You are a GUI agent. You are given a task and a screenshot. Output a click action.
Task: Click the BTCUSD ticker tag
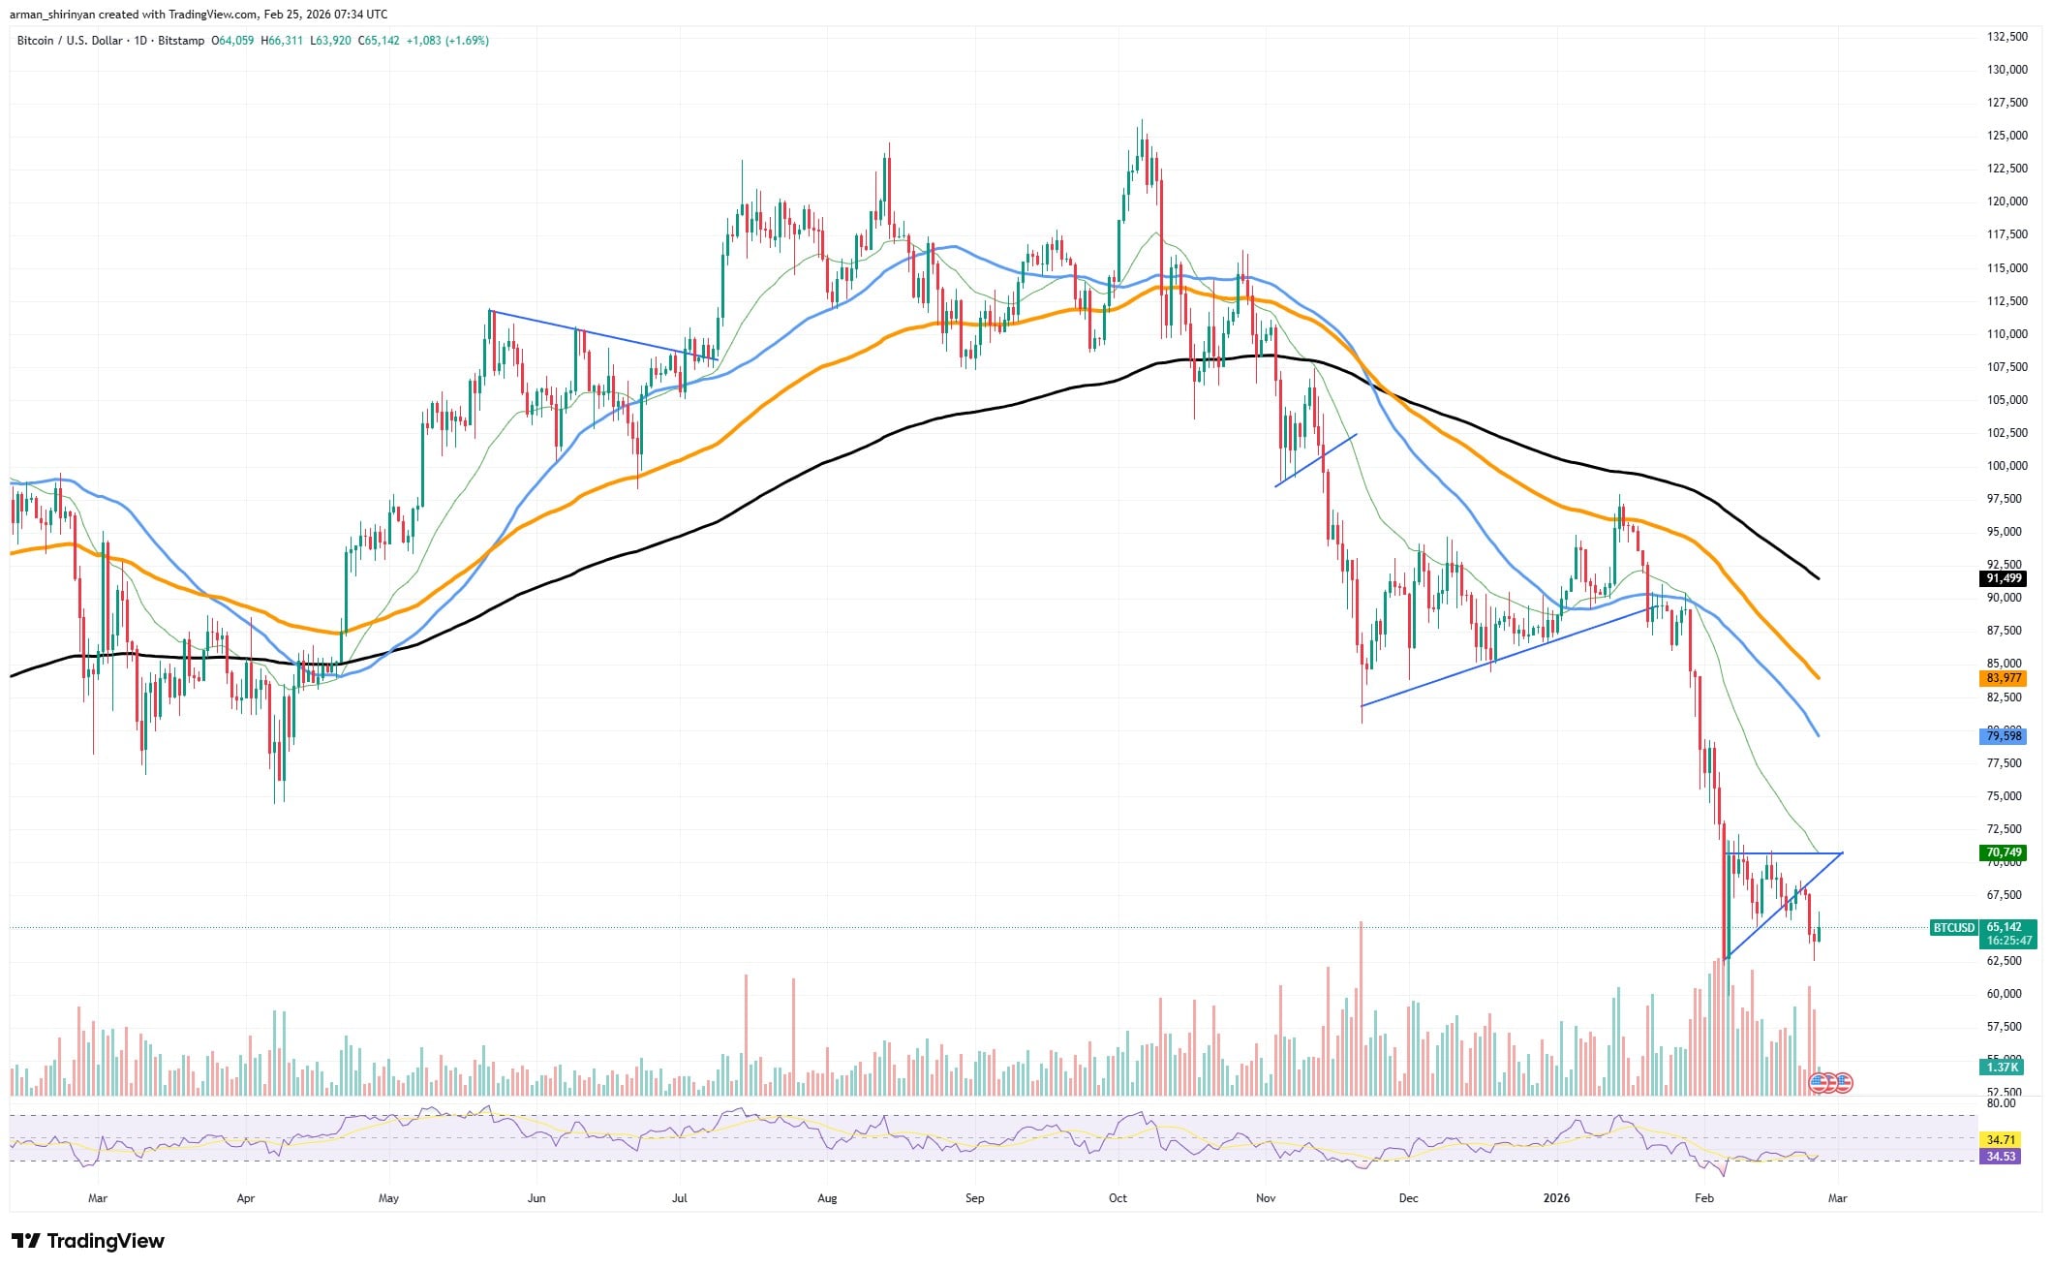pyautogui.click(x=1953, y=927)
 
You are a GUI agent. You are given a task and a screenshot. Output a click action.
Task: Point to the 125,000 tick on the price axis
pyautogui.click(x=2000, y=136)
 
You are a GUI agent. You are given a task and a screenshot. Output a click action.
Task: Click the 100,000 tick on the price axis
pyautogui.click(x=2000, y=466)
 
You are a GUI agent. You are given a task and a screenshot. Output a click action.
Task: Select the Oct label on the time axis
pyautogui.click(x=1118, y=1198)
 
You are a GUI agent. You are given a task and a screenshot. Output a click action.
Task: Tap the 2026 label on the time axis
pyautogui.click(x=1556, y=1198)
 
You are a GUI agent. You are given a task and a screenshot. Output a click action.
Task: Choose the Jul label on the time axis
pyautogui.click(x=679, y=1198)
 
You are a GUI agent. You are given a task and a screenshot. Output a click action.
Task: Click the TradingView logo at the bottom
pyautogui.click(x=88, y=1241)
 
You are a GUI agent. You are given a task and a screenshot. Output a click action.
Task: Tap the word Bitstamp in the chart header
pyautogui.click(x=182, y=41)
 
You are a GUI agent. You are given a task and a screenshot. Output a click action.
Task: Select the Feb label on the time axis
pyautogui.click(x=1703, y=1198)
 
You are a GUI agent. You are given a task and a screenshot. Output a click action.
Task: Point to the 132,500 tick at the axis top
pyautogui.click(x=2000, y=37)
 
